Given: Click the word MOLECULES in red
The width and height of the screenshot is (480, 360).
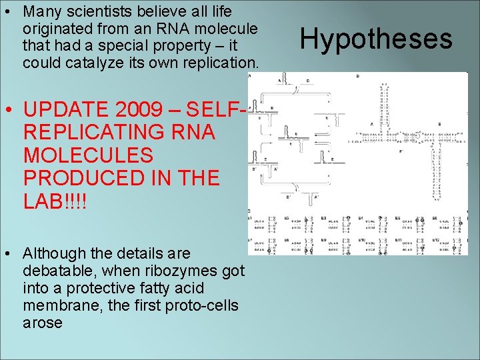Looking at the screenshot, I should tap(88, 155).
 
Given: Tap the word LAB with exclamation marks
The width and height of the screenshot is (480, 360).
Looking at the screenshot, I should tap(55, 201).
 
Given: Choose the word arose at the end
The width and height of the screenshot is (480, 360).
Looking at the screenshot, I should tap(42, 323).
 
